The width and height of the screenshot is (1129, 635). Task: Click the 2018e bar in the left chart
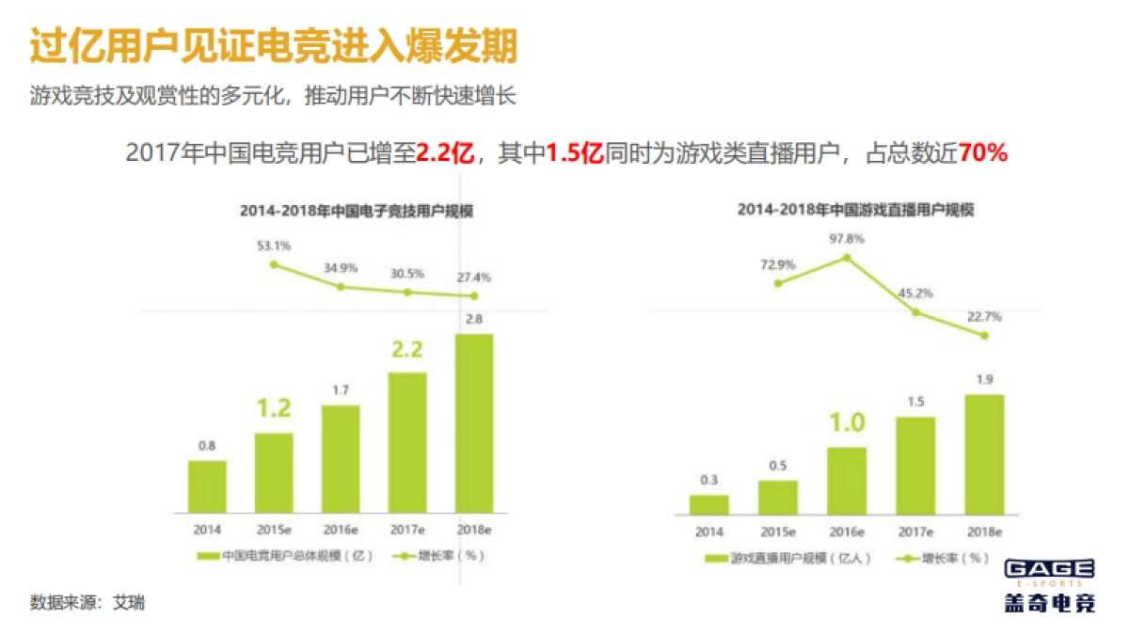pyautogui.click(x=473, y=422)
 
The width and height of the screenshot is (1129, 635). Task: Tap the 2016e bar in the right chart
pyautogui.click(x=846, y=480)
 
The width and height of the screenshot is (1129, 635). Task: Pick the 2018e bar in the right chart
pyautogui.click(x=984, y=453)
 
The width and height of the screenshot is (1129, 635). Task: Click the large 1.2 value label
pyautogui.click(x=274, y=408)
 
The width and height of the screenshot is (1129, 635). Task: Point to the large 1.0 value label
pyautogui.click(x=846, y=422)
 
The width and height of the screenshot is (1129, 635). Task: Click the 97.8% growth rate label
pyautogui.click(x=847, y=238)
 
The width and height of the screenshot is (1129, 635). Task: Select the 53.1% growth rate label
pyautogui.click(x=274, y=246)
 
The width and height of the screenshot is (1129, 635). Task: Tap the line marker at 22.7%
pyautogui.click(x=984, y=336)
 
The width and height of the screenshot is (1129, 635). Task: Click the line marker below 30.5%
pyautogui.click(x=407, y=292)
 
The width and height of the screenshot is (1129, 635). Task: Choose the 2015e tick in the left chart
pyautogui.click(x=274, y=530)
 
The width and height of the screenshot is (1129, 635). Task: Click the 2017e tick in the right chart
pyautogui.click(x=914, y=532)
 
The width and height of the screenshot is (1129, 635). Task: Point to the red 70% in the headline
pyautogui.click(x=982, y=152)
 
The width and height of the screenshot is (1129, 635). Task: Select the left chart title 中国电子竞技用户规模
pyautogui.click(x=356, y=212)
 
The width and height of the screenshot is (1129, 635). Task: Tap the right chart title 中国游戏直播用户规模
pyautogui.click(x=855, y=211)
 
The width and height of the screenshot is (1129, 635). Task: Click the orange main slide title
pyautogui.click(x=273, y=47)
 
